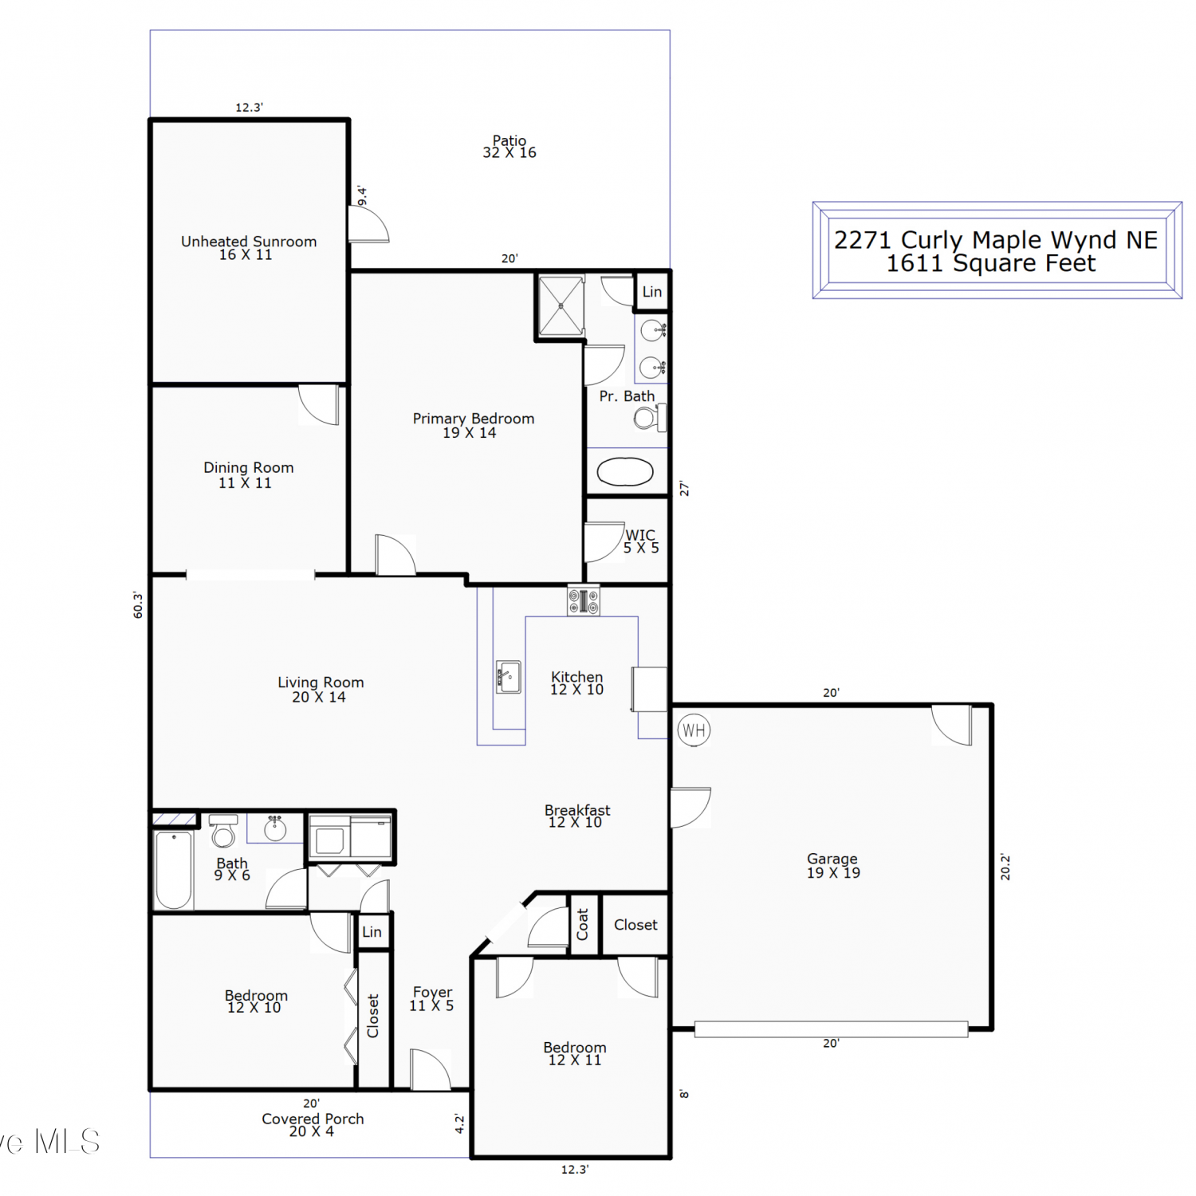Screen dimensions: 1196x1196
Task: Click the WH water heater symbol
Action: tap(694, 730)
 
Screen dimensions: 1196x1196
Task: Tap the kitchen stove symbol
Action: tap(584, 600)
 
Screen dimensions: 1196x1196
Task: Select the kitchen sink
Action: tap(509, 677)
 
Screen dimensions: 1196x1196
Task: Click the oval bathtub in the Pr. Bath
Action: tap(625, 472)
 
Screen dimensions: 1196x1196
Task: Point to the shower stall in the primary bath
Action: tap(561, 305)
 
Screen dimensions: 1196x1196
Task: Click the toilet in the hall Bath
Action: tap(223, 831)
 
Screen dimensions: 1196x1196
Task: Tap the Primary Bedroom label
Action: tap(474, 425)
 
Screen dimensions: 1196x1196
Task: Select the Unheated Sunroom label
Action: tap(249, 247)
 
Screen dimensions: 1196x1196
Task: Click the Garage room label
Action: tap(833, 865)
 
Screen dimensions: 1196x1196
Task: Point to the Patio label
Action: tap(509, 147)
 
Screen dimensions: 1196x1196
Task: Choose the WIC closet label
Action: tap(641, 541)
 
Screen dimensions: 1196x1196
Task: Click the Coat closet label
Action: tap(583, 924)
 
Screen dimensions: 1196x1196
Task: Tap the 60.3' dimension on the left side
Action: tap(138, 604)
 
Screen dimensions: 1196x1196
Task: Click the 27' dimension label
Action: tap(684, 489)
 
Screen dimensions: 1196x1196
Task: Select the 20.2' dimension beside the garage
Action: tap(1005, 867)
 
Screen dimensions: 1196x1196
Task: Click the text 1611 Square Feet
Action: tap(991, 263)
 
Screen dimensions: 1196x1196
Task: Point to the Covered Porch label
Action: tap(313, 1125)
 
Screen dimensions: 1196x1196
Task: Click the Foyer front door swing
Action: tap(431, 1069)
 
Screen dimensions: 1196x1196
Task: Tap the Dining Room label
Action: tap(248, 474)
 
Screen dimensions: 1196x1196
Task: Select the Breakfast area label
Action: tap(577, 816)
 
